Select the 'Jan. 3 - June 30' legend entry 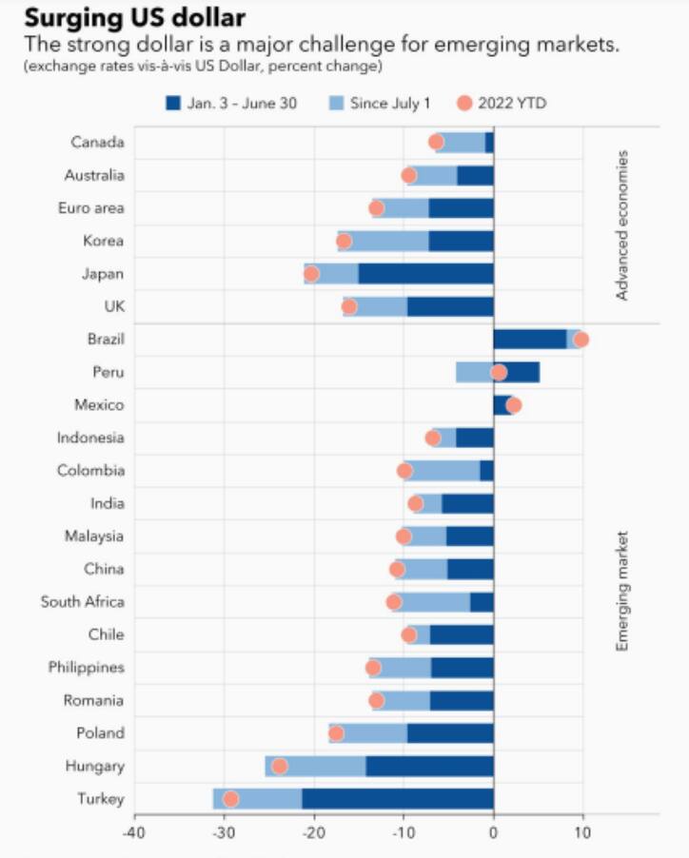click(231, 103)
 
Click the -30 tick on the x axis click(224, 832)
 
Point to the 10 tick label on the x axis click(581, 832)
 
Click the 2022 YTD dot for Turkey click(230, 799)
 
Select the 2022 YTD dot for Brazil click(581, 340)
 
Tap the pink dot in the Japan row click(311, 274)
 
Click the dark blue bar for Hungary click(429, 766)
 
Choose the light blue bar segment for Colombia click(443, 471)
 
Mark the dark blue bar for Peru click(517, 372)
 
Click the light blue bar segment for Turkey click(258, 799)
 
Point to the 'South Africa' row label click(82, 602)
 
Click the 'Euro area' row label click(90, 208)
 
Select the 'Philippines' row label click(86, 668)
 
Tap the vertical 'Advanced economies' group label click(622, 224)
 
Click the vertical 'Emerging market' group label click(622, 590)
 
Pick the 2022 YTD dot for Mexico click(514, 405)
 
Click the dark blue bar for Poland click(450, 733)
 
